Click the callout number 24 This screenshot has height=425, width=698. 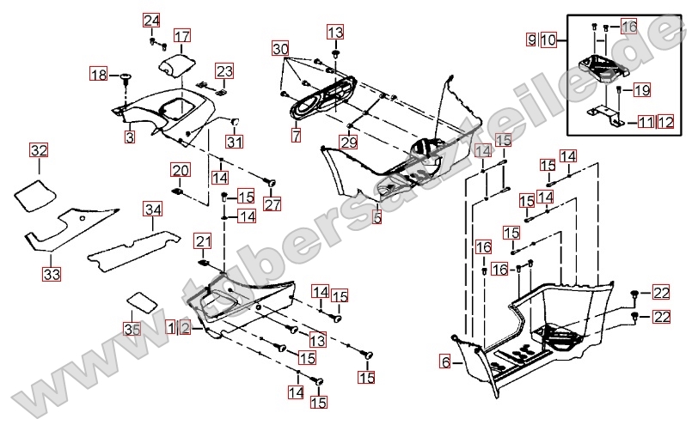click(151, 21)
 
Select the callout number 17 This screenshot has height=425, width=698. click(182, 36)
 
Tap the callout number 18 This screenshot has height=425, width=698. click(99, 76)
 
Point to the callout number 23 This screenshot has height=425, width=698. click(223, 70)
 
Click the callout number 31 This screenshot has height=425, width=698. click(235, 142)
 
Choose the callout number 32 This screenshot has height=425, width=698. click(39, 151)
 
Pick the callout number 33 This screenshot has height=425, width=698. click(52, 274)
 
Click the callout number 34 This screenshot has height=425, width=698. click(152, 209)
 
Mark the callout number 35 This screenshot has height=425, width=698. click(131, 329)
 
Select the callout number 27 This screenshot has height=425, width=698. click(272, 205)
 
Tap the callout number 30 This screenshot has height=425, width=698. click(279, 49)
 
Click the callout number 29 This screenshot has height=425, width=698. click(347, 142)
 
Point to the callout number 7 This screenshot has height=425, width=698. click(296, 136)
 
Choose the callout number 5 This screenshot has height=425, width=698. click(377, 218)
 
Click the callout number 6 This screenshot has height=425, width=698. click(445, 361)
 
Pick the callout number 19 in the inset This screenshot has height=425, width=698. click(642, 89)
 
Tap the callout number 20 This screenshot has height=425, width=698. click(180, 170)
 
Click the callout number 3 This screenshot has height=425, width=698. click(129, 136)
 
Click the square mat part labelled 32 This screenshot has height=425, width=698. click(32, 193)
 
